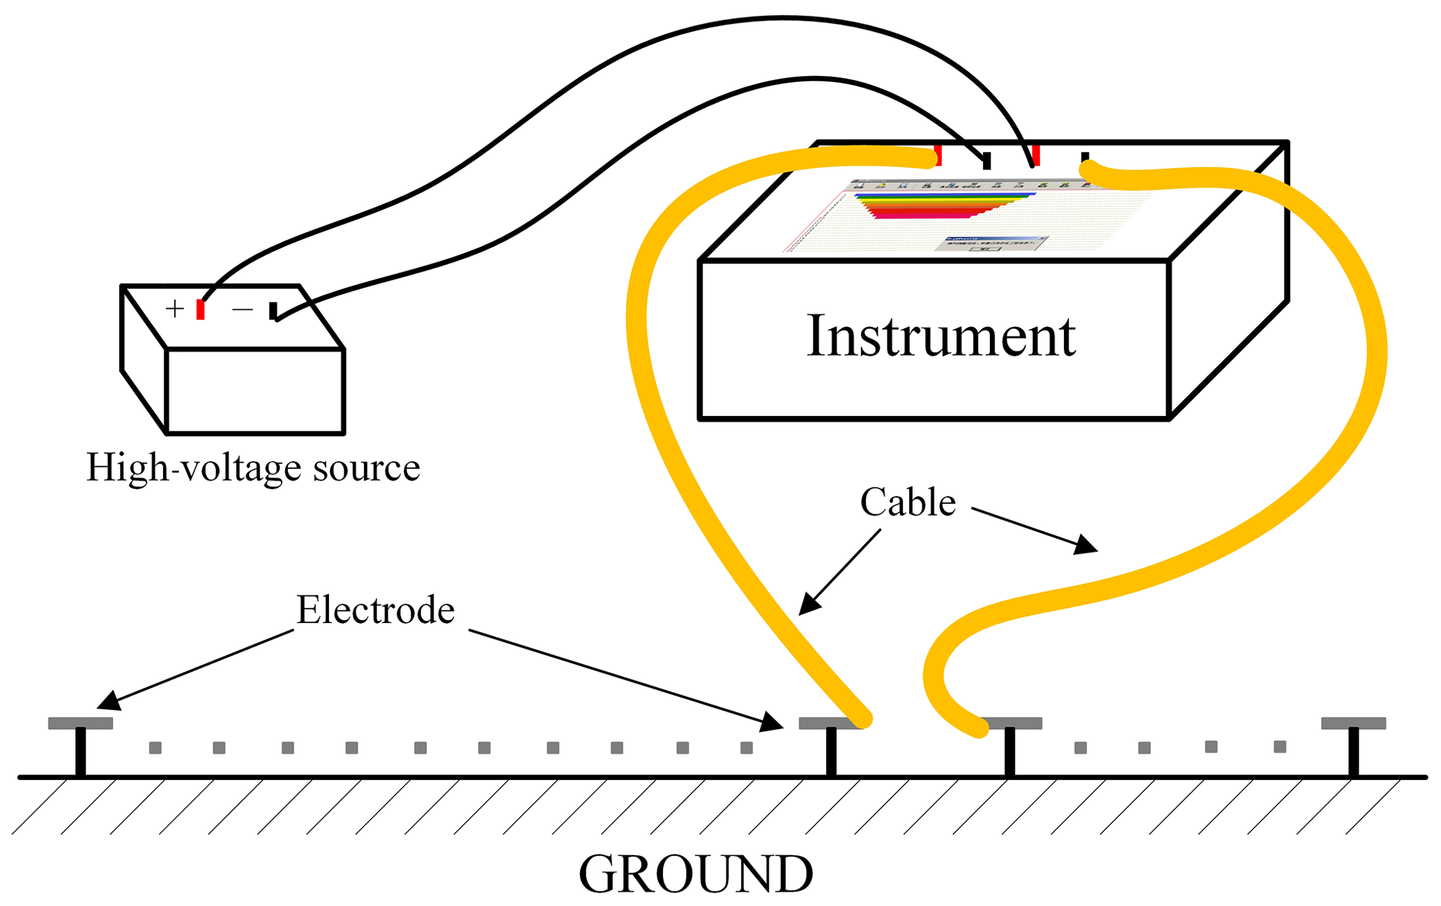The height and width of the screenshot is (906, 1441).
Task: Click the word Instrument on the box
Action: click(x=940, y=336)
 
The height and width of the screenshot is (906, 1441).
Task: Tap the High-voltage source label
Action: click(x=253, y=467)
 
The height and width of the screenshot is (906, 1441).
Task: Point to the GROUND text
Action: click(x=696, y=874)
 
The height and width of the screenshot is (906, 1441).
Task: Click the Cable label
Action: click(x=907, y=502)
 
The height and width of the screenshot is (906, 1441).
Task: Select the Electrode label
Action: click(x=375, y=610)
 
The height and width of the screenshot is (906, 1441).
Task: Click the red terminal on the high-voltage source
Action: click(x=200, y=309)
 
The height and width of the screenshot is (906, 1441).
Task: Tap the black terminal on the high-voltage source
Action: click(x=273, y=311)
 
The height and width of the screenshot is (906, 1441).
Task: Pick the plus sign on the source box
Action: click(x=174, y=308)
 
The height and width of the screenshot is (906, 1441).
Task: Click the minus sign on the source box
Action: click(x=243, y=309)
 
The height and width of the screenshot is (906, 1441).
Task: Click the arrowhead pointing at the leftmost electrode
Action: click(x=109, y=700)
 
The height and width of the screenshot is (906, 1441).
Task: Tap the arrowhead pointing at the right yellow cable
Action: click(x=1085, y=545)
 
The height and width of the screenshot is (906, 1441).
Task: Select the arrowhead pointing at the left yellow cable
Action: click(x=809, y=604)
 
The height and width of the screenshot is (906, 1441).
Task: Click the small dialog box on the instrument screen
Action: click(x=993, y=243)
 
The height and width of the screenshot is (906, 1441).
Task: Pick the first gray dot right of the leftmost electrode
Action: click(x=155, y=748)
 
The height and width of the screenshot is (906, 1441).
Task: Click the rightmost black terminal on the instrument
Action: click(x=1085, y=158)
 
